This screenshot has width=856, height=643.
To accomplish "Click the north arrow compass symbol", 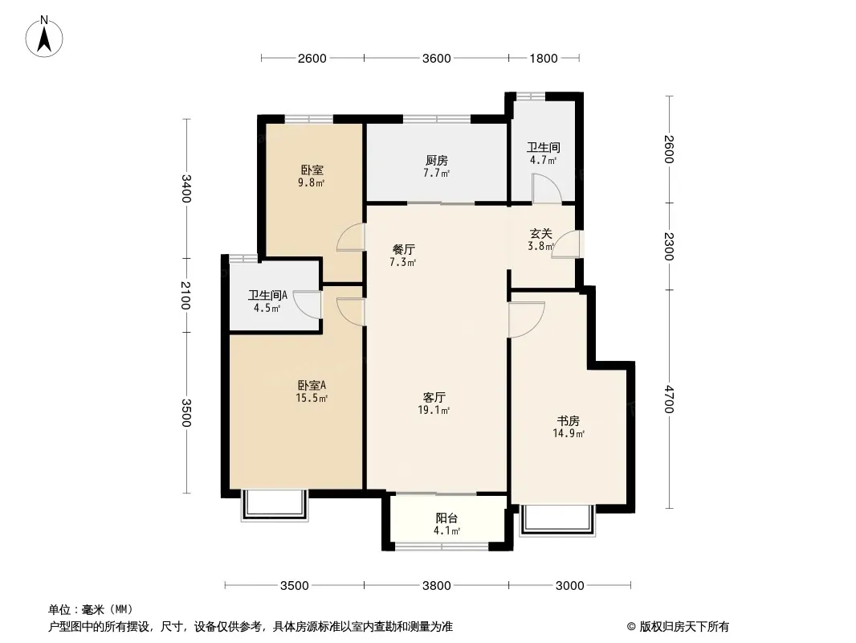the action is (44, 37).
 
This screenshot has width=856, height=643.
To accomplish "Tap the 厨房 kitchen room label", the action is (437, 160).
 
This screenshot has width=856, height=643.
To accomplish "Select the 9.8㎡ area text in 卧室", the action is (312, 183).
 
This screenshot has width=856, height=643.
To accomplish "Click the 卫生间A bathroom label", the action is (267, 296).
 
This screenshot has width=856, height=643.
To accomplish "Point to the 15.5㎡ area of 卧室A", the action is (312, 398).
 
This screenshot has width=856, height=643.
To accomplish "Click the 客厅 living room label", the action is (434, 397).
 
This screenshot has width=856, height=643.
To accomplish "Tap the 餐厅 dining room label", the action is (404, 250).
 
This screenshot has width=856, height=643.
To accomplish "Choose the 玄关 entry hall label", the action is (541, 233).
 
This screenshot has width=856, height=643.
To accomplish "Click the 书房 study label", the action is (569, 421).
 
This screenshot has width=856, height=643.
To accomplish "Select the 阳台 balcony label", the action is (446, 518).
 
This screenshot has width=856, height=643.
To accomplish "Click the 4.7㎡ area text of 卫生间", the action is (543, 160).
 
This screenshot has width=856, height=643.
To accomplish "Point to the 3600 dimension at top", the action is (437, 58).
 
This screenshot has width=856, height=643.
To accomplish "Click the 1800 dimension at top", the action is (544, 58).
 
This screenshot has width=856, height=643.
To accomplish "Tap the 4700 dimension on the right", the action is (669, 399).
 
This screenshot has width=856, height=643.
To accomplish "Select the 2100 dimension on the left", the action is (185, 295).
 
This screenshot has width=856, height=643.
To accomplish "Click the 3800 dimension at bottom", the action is (437, 586).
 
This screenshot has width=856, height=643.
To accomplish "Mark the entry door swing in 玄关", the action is (566, 244).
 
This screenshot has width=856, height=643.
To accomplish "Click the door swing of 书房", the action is (527, 320).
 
